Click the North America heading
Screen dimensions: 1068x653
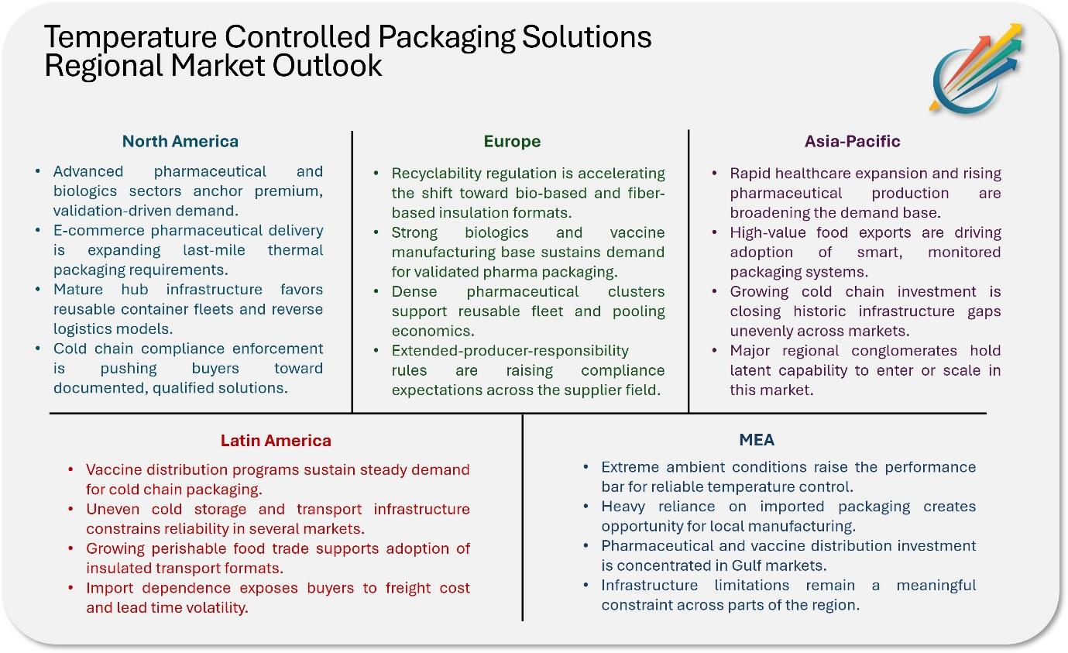point(180,141)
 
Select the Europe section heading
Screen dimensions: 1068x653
point(512,141)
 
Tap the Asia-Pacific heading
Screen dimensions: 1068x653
point(853,141)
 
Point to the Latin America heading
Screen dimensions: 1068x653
point(276,440)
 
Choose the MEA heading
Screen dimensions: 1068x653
point(757,439)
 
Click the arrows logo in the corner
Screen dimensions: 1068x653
point(976,68)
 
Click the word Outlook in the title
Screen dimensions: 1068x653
point(327,65)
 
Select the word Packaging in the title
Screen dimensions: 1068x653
point(447,38)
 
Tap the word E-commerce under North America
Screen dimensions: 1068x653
point(98,230)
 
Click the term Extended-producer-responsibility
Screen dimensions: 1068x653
point(510,351)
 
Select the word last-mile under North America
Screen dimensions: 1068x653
point(214,250)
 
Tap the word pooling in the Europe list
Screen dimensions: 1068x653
point(638,311)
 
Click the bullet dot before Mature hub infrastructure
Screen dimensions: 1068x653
point(38,289)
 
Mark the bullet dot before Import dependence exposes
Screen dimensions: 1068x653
point(70,588)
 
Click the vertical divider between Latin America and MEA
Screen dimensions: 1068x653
point(523,517)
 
